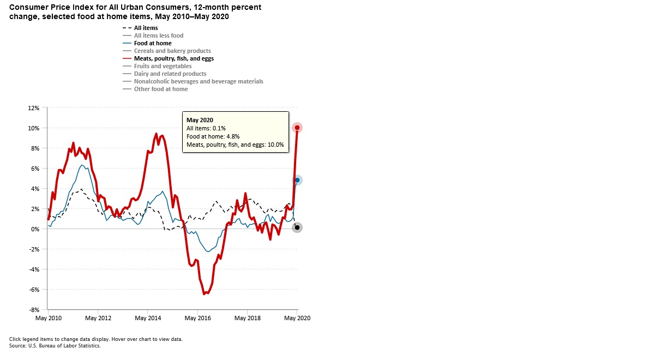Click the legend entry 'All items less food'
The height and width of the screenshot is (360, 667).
(158, 35)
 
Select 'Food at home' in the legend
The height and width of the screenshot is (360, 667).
(153, 43)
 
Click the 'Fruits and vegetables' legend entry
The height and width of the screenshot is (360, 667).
(163, 66)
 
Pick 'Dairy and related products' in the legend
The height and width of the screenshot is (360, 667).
(170, 74)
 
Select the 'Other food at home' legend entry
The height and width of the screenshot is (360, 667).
(161, 89)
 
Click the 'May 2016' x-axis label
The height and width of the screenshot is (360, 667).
(197, 318)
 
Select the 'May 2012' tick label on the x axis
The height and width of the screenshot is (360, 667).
(98, 318)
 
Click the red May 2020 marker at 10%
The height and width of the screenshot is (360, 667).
(297, 128)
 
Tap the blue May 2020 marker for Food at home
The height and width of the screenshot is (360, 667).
(297, 180)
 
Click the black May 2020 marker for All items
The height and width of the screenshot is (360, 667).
(297, 227)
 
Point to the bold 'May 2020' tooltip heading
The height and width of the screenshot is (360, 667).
(200, 120)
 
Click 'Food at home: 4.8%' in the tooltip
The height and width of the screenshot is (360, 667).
(213, 136)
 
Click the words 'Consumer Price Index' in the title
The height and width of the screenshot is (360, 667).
(43, 7)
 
